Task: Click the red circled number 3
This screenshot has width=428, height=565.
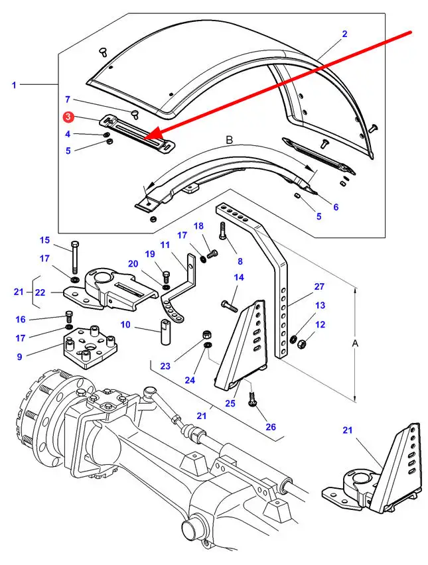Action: click(68, 117)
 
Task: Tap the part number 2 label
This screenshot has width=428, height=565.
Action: click(344, 34)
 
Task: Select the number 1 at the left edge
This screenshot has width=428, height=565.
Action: click(14, 85)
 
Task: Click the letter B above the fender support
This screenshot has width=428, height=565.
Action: click(229, 140)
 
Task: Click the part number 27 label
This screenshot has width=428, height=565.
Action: click(319, 286)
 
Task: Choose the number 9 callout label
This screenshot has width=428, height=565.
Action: click(19, 357)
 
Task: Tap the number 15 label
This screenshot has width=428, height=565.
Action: click(44, 240)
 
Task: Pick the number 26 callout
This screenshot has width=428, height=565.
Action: click(270, 427)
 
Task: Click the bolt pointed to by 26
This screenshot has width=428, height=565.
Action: click(253, 399)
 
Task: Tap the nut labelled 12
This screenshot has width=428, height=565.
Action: click(299, 344)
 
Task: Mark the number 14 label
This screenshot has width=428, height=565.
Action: click(239, 277)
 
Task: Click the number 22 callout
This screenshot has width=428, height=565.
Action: click(40, 292)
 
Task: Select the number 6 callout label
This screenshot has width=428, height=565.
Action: click(336, 207)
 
